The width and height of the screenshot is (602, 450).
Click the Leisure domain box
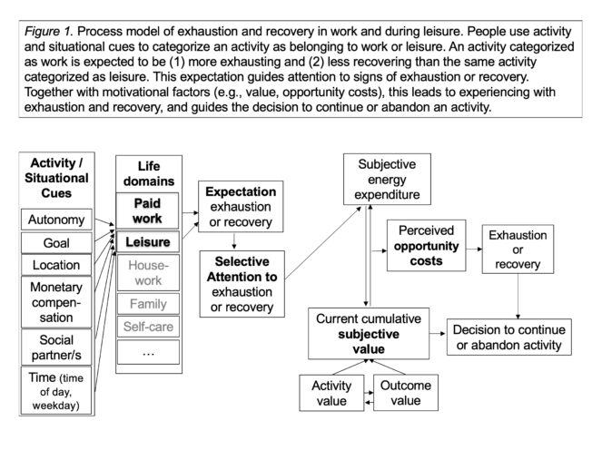coord(148,241)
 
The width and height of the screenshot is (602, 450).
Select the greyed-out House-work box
coord(148,273)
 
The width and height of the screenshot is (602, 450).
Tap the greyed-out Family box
coord(148,304)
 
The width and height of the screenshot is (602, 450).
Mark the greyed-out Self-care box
coord(148,326)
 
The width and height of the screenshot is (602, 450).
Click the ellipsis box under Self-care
coord(148,351)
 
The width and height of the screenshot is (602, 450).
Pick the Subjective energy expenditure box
coord(388,178)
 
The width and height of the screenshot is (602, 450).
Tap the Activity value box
coord(331,392)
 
